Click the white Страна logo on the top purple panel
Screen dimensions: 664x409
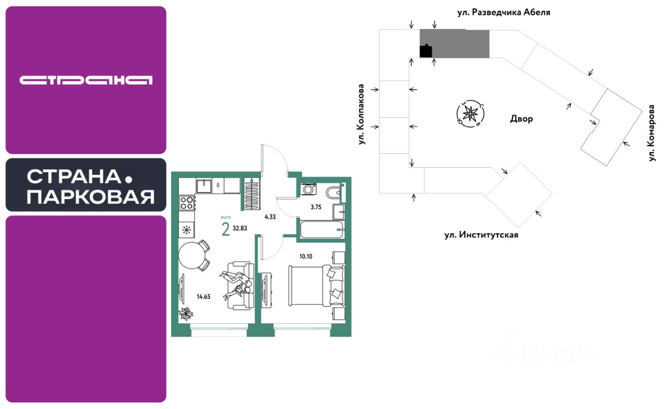coord(86,80)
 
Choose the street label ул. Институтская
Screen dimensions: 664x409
coord(481,235)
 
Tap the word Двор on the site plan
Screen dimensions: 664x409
coord(521,119)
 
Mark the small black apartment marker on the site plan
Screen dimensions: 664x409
coord(425,51)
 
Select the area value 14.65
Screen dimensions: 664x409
coord(204,297)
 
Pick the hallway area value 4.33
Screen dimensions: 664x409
coord(270,217)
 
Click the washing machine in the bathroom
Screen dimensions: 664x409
coord(308,189)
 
